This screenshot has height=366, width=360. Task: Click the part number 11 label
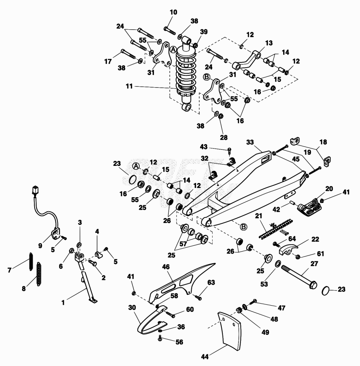tap(129, 86)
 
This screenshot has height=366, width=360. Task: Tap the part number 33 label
tap(250, 142)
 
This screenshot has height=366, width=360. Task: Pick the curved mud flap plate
tap(229, 331)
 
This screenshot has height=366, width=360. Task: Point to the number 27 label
tap(314, 264)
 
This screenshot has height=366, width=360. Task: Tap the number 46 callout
tap(166, 267)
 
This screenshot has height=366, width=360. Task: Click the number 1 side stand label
tap(63, 303)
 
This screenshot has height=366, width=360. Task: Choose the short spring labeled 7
tap(31, 262)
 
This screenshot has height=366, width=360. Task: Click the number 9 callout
tap(40, 246)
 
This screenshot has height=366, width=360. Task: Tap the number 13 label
tap(269, 43)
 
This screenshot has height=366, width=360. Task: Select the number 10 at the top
tap(173, 12)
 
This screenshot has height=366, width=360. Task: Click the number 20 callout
tap(329, 189)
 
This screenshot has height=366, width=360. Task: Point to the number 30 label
tap(132, 307)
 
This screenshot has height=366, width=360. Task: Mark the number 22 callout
tap(315, 239)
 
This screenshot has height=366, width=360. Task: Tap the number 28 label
tap(223, 138)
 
